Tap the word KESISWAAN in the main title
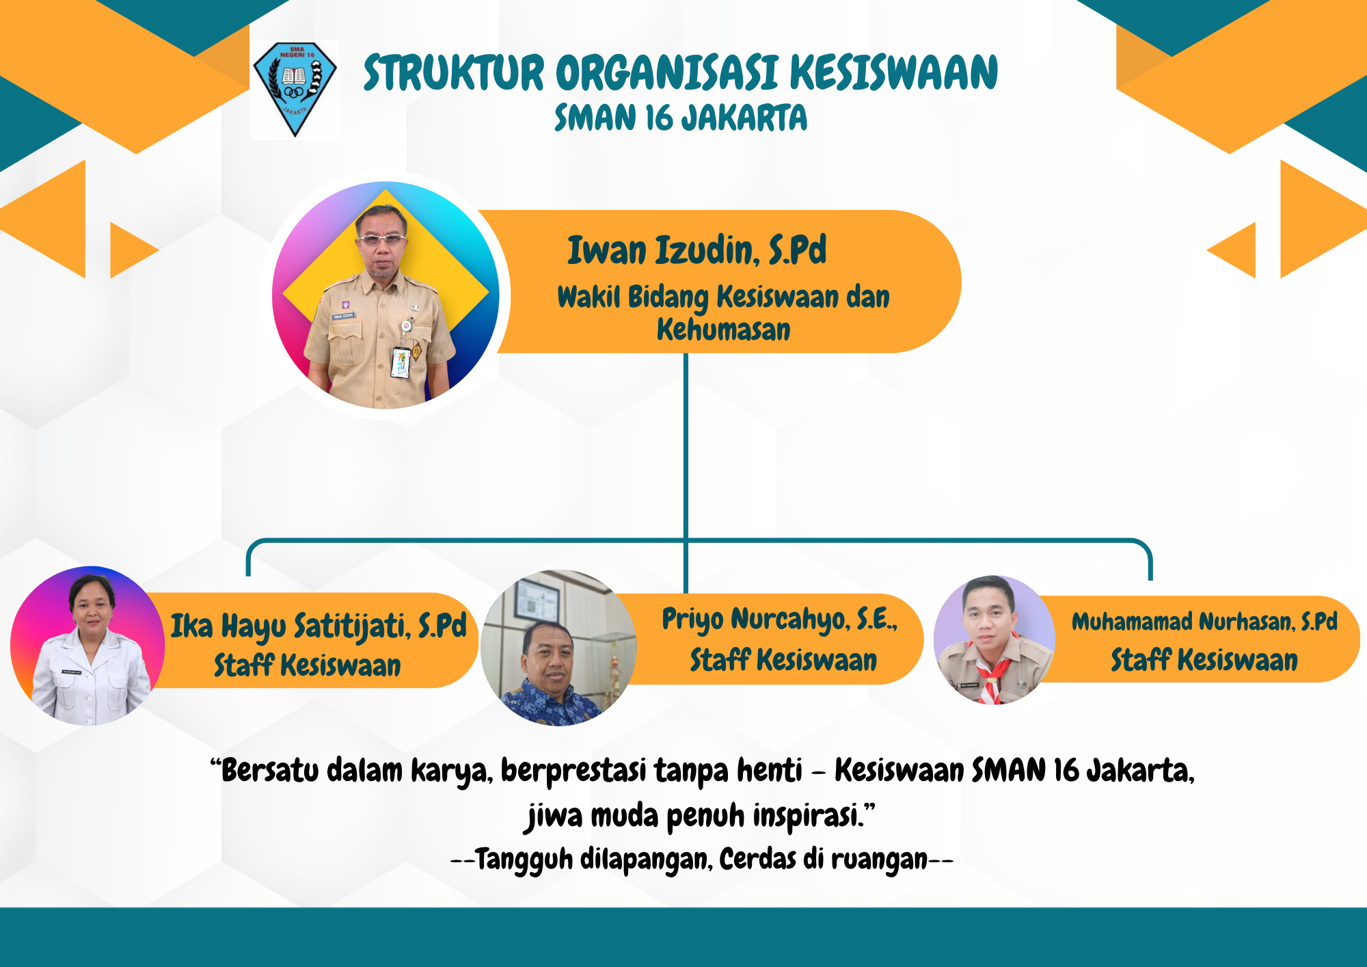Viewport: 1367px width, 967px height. click(x=893, y=72)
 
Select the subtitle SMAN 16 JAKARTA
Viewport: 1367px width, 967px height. click(x=681, y=117)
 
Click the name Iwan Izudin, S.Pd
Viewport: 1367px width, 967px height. click(x=696, y=250)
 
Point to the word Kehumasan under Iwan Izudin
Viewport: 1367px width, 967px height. click(x=723, y=330)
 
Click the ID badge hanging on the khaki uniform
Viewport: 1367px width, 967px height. click(x=401, y=362)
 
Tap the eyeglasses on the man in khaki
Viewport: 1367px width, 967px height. click(x=382, y=240)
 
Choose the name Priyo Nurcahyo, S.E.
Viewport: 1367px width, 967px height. click(x=779, y=620)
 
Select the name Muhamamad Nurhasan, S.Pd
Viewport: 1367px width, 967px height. click(x=1204, y=622)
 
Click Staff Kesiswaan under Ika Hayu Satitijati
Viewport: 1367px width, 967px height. click(x=308, y=665)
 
